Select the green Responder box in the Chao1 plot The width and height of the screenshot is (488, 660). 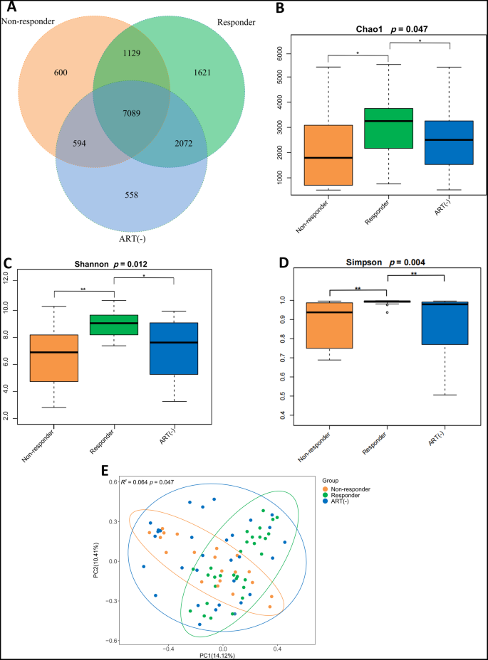[389, 128]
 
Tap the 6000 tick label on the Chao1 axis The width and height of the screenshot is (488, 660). [280, 53]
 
